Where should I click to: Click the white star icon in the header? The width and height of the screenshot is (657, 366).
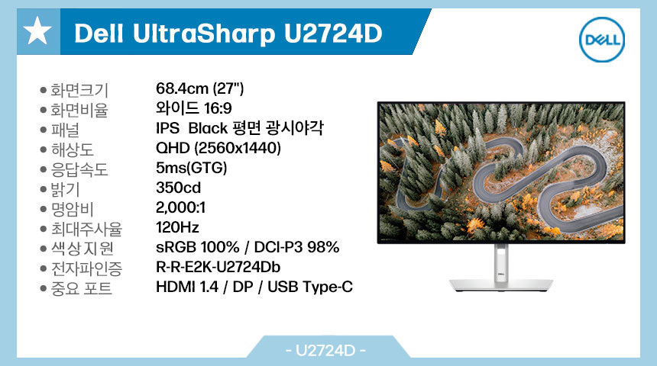pos(37,31)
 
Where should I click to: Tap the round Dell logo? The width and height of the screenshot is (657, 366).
pos(602,40)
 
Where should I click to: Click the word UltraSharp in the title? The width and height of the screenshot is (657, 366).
pos(204,34)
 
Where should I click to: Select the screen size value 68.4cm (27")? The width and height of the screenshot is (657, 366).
pos(199,88)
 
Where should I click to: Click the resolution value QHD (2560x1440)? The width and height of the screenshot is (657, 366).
pos(218,148)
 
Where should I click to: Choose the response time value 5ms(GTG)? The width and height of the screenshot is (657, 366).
pos(192,169)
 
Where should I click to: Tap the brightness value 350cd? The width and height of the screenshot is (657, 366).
pos(179,188)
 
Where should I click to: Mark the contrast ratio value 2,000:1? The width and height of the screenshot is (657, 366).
pos(180,207)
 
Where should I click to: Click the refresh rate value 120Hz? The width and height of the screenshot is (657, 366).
pos(177,227)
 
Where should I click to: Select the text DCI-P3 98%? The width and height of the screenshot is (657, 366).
pos(296,247)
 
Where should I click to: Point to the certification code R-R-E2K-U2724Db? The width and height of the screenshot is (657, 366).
pos(218,267)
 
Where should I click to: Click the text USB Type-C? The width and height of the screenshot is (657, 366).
pos(310,287)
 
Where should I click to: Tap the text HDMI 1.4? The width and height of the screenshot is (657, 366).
pos(187,287)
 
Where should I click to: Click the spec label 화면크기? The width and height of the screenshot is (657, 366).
pos(79,90)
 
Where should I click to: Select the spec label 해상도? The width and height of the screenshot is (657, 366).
pos(72,149)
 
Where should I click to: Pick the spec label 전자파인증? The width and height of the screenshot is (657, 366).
pos(86,268)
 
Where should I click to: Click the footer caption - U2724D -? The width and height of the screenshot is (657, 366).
pos(325,350)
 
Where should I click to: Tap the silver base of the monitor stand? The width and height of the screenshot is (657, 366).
pos(501,285)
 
